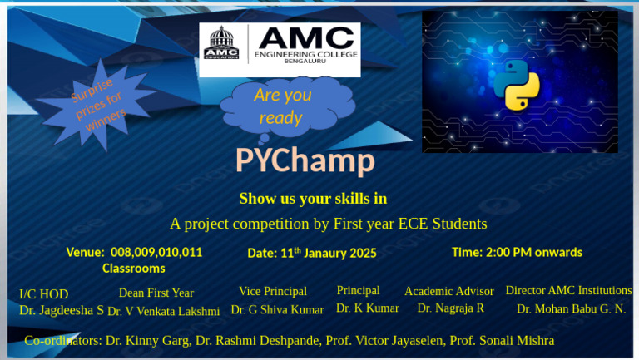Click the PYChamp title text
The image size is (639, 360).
305,160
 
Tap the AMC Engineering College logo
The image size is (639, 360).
280,49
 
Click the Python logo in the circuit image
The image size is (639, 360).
517,85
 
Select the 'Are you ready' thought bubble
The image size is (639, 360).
283,106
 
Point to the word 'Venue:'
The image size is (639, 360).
86,252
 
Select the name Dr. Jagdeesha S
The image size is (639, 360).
62,310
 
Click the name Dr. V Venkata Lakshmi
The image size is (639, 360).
163,312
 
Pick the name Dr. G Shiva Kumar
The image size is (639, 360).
277,310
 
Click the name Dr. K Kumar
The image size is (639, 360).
367,308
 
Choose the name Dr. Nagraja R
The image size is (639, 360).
450,308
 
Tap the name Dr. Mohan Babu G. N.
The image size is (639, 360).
571,309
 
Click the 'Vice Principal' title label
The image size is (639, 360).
272,291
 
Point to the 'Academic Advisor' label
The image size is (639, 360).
448,291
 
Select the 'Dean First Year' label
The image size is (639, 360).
156,293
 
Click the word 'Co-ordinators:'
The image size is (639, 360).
62,341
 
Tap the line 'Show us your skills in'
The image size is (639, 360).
313,199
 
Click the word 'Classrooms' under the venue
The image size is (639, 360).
133,269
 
